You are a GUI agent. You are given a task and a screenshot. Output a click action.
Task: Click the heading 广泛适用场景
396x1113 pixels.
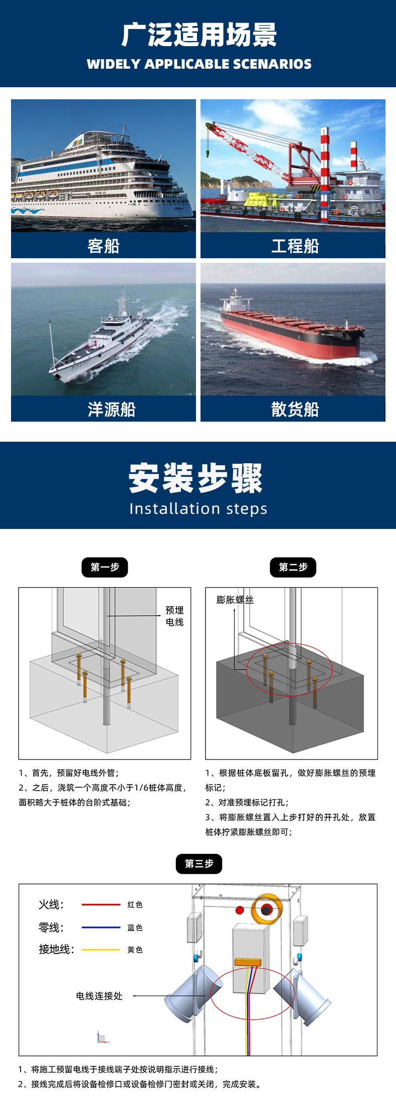(x=199, y=35)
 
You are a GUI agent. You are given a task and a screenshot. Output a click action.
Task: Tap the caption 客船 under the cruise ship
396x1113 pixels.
(x=103, y=246)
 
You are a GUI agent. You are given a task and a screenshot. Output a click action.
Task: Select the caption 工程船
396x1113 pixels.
(x=295, y=246)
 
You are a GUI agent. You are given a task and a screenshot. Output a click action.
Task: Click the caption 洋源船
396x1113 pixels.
(x=111, y=410)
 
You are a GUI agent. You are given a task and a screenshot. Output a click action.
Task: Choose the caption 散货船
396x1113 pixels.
(x=295, y=410)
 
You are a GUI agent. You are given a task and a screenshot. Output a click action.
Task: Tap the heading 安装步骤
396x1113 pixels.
(x=195, y=478)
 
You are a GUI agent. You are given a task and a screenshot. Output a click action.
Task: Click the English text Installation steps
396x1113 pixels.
(x=198, y=508)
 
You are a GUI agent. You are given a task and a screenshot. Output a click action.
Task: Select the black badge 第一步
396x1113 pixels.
(x=105, y=567)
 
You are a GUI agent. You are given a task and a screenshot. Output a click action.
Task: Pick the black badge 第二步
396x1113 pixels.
(x=293, y=567)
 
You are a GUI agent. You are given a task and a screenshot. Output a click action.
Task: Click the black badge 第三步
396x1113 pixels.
(x=199, y=863)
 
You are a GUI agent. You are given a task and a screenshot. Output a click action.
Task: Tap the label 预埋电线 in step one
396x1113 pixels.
(x=174, y=616)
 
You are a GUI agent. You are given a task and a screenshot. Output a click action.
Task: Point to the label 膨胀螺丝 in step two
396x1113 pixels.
(x=235, y=600)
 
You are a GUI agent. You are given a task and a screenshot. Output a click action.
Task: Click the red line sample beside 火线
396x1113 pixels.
(x=101, y=904)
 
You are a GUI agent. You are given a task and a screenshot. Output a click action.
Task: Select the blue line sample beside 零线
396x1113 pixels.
(x=101, y=927)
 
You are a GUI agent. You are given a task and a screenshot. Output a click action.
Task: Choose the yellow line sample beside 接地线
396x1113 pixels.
(x=101, y=950)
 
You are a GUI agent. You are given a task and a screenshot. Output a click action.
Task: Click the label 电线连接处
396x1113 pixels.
(x=99, y=996)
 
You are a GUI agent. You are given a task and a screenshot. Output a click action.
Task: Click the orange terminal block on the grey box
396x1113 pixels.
(x=248, y=962)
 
